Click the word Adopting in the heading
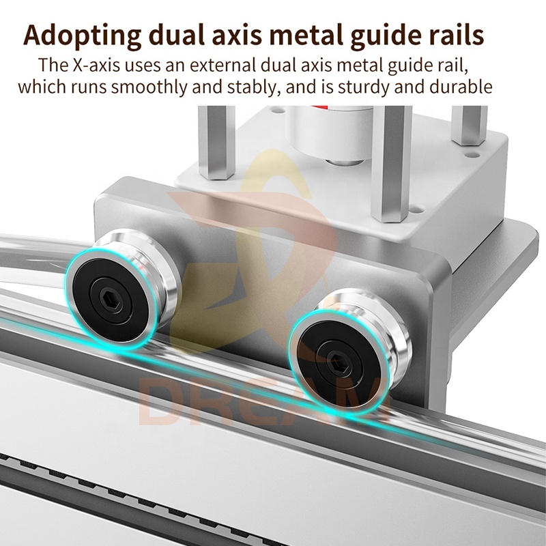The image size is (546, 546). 82,36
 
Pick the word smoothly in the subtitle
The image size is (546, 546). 149,87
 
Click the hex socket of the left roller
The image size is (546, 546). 111,299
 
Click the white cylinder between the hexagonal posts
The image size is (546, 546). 329,134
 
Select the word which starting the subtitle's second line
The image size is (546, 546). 42,87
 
